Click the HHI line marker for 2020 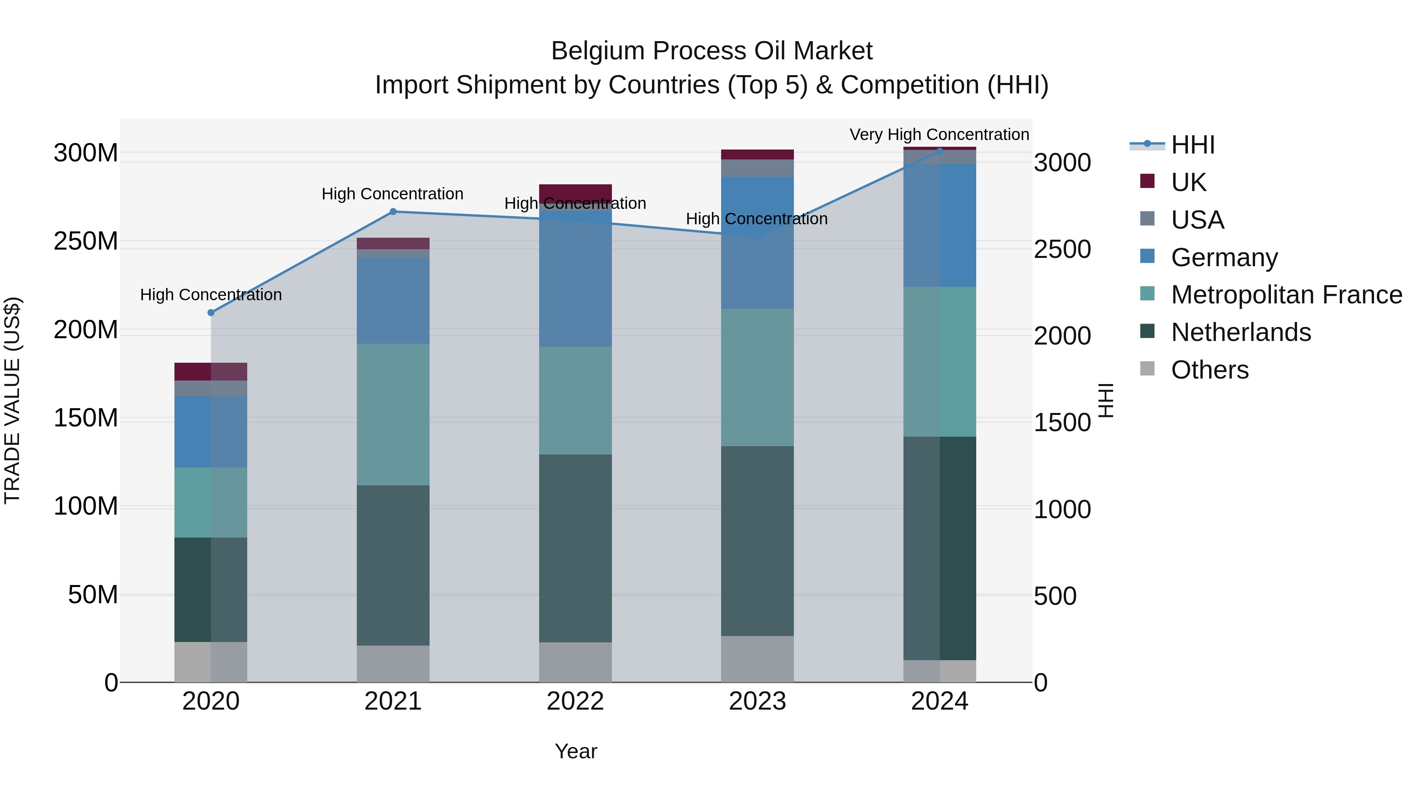210,313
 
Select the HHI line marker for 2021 393,212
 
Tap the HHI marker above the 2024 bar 940,150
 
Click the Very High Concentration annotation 939,135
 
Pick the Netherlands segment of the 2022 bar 575,548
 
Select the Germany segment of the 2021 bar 393,300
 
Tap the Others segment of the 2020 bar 210,662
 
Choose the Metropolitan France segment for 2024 940,362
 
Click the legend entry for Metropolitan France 1286,295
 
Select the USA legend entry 1197,220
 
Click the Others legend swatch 1147,369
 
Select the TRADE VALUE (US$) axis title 12,400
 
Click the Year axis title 576,751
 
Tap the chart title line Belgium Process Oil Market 712,51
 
